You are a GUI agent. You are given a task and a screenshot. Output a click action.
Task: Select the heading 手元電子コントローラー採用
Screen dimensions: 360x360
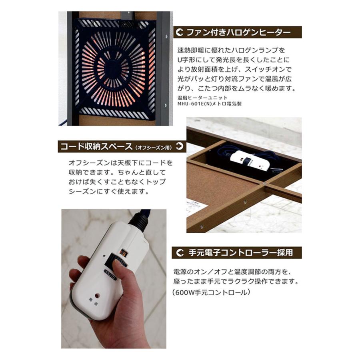tap(240, 253)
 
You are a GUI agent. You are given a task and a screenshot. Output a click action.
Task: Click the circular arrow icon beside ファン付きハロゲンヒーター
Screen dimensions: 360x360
tap(180, 32)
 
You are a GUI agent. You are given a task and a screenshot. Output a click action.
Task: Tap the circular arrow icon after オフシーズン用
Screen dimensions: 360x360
tap(180, 146)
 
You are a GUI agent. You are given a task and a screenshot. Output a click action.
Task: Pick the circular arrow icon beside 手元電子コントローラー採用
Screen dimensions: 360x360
tap(180, 253)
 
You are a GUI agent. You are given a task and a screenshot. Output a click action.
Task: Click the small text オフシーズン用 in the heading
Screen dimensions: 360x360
tap(154, 148)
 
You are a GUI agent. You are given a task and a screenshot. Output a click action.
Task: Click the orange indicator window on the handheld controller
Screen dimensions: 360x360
tap(123, 252)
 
